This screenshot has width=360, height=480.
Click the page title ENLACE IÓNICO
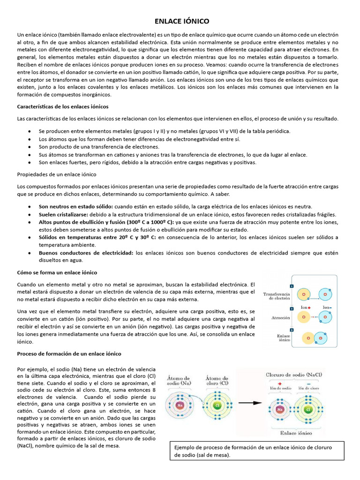tap(182, 22)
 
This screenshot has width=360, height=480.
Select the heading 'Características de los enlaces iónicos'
tap(63, 106)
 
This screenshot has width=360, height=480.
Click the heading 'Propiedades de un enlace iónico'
tap(57, 174)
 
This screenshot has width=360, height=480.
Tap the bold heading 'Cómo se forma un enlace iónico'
tap(57, 272)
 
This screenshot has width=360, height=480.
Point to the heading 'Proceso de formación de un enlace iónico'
tap(69, 353)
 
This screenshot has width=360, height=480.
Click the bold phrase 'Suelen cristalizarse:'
tap(66, 214)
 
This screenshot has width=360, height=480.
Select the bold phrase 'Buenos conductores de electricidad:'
tap(86, 253)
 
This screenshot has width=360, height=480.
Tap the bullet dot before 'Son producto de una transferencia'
tap(30, 147)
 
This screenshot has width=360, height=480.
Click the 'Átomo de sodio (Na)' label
tap(180, 381)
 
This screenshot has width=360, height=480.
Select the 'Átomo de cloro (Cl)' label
tap(217, 381)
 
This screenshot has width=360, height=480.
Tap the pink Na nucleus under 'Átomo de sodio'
tap(180, 405)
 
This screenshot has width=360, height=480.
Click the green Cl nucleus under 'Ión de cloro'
tap(308, 409)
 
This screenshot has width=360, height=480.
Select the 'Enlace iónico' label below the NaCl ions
tap(296, 433)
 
